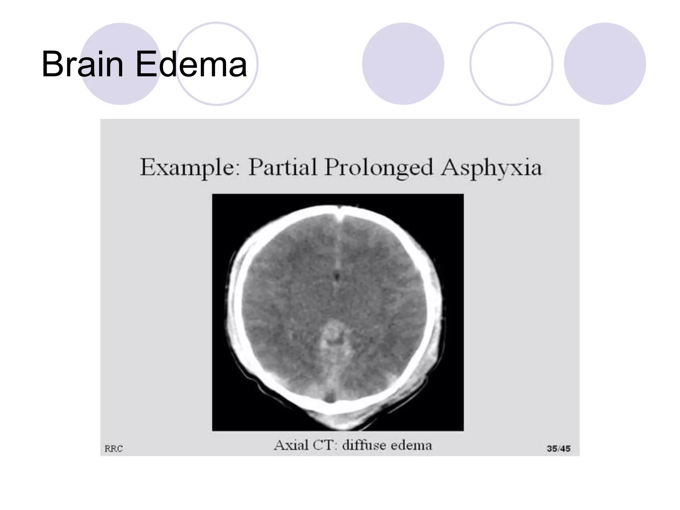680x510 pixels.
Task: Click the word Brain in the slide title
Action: coord(82,64)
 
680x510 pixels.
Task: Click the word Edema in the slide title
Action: coord(191,64)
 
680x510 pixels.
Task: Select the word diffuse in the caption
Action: coord(364,445)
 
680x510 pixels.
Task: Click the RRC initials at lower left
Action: coord(114,449)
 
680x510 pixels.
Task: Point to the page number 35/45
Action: coord(558,449)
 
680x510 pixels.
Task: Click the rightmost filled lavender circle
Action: coord(605,64)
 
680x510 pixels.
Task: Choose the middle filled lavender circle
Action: coord(403,64)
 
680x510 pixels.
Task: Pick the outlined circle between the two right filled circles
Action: coord(511,64)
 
